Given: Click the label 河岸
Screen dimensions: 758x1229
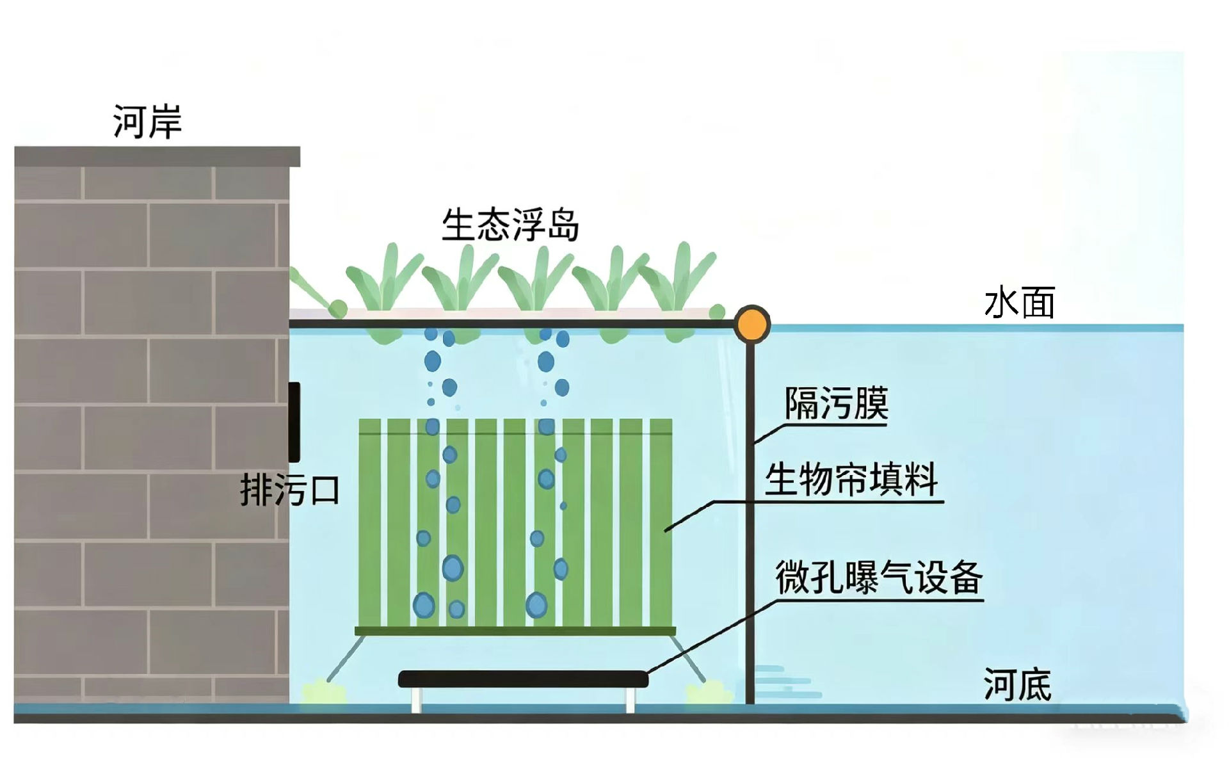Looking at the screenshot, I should point(147,121).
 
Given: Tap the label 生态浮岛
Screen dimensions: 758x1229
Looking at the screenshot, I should point(510,225).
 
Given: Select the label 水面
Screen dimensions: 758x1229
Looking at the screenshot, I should point(1019,303).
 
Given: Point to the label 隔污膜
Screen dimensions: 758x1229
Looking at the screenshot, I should point(836,403).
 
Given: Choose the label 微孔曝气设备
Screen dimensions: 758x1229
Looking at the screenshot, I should point(878,577).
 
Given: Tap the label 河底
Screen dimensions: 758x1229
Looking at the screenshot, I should point(1017,684).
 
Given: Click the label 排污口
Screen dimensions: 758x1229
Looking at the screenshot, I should point(289,490).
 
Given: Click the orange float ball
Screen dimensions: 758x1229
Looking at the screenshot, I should point(751,324).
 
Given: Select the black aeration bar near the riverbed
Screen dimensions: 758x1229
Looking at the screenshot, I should point(523,679).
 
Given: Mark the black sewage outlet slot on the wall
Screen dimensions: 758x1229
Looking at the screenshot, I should point(294,422).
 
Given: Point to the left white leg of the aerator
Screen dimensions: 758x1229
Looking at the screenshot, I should point(416,699).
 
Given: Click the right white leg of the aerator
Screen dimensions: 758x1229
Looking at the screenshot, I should point(630,699).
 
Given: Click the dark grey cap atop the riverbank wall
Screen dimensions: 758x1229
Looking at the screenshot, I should point(157,156).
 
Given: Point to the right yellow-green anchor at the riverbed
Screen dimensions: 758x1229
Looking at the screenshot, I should point(707,693).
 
